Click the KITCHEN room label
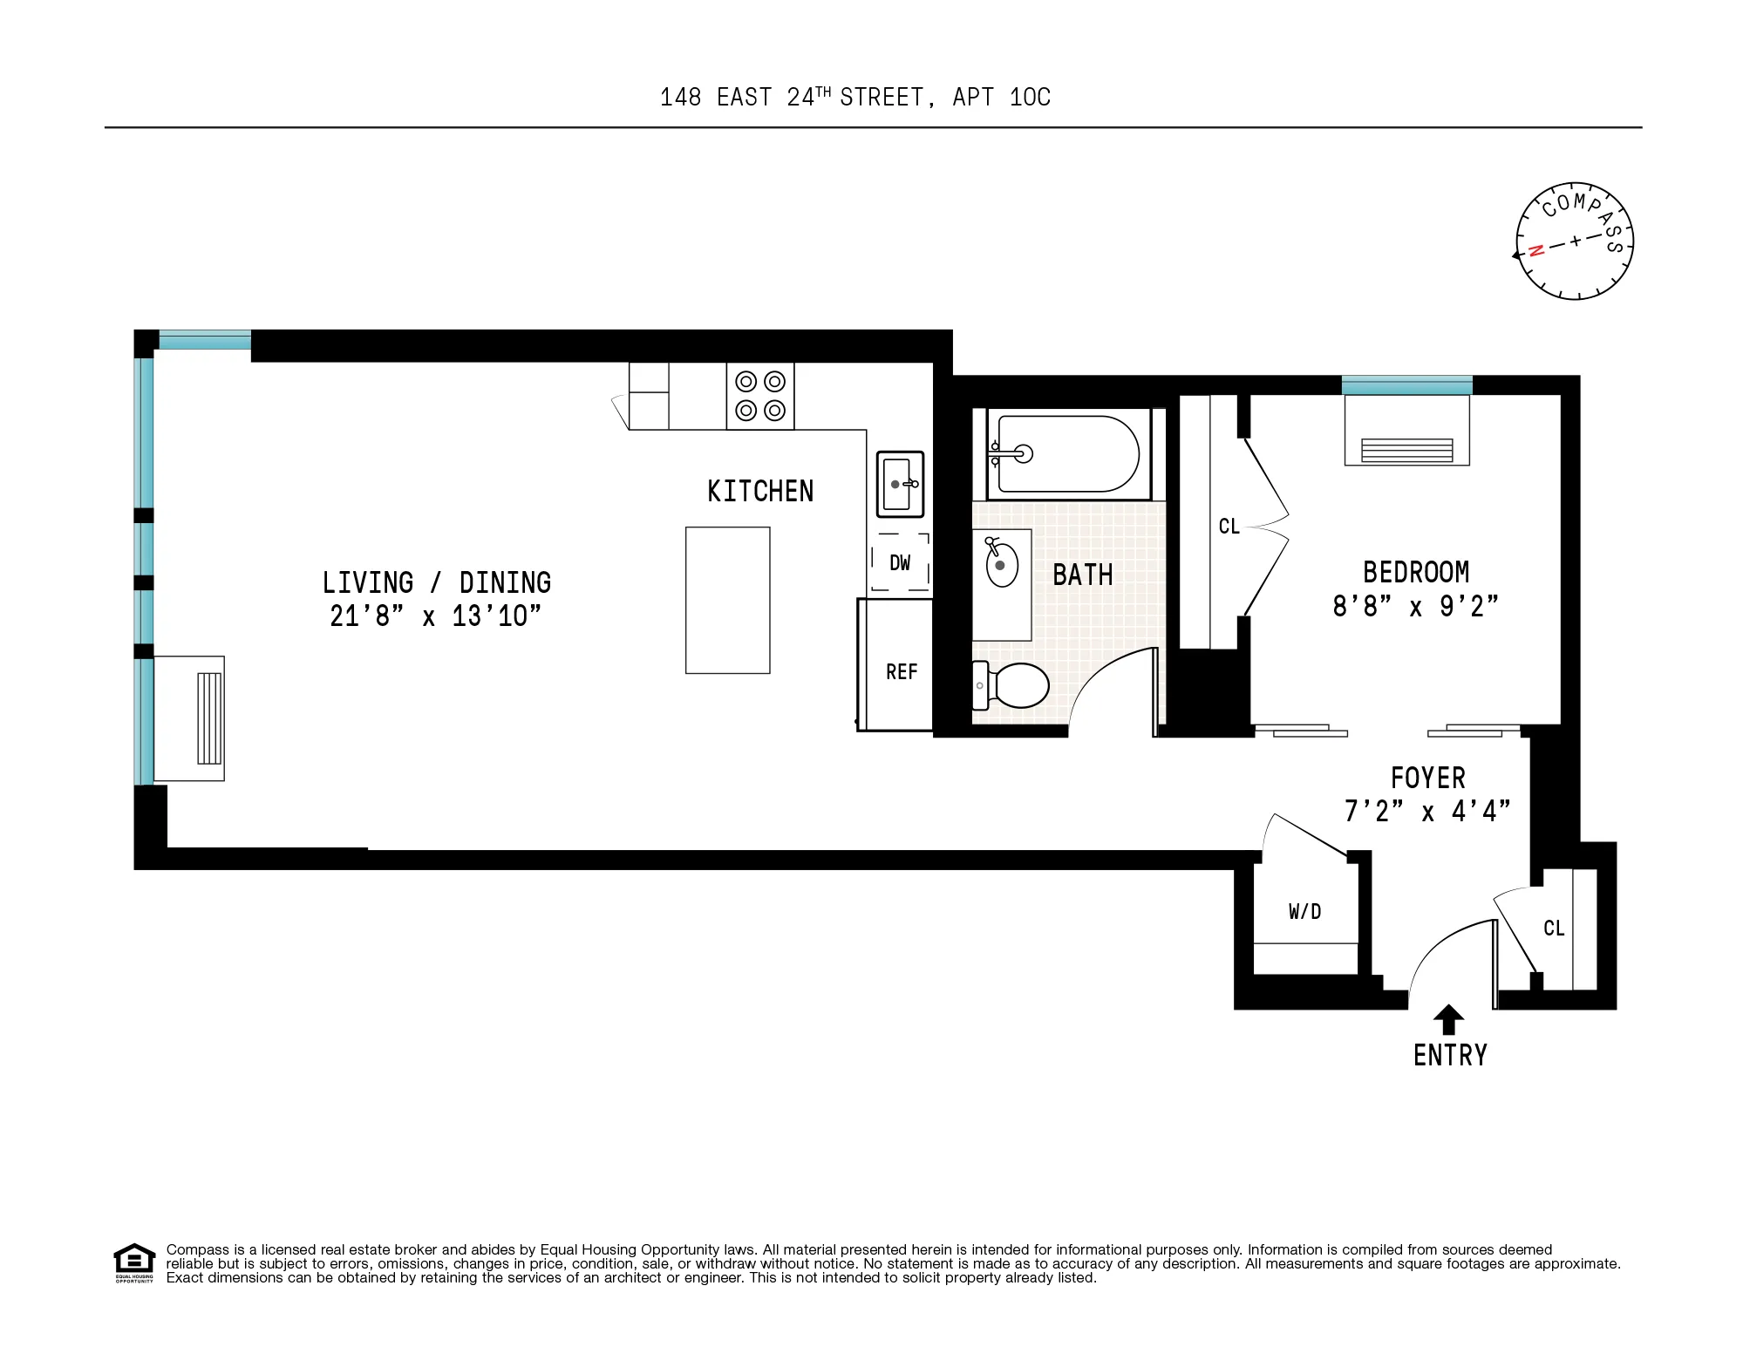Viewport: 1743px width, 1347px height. [x=759, y=492]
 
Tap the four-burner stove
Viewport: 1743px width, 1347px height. [x=760, y=396]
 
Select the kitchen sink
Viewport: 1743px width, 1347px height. [x=899, y=484]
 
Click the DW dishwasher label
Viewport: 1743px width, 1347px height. [x=900, y=563]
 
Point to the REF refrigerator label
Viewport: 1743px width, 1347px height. [x=901, y=672]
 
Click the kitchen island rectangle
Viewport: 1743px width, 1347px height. [x=727, y=600]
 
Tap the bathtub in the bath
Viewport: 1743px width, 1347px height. [x=1068, y=454]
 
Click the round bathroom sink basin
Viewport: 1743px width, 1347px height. [x=1001, y=566]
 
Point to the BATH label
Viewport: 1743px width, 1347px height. [x=1082, y=575]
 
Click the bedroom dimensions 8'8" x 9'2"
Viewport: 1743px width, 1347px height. [x=1414, y=607]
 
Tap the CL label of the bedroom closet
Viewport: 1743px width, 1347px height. [x=1229, y=527]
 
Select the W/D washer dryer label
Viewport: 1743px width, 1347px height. [x=1304, y=912]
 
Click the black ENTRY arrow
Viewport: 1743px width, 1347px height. [x=1448, y=1019]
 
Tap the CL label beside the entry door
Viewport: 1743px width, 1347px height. [x=1553, y=929]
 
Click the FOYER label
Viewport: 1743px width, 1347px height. [x=1427, y=778]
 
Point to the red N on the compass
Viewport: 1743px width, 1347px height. [x=1536, y=251]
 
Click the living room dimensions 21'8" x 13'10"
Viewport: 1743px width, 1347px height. [x=435, y=616]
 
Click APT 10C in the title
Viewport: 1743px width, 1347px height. [x=1001, y=98]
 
